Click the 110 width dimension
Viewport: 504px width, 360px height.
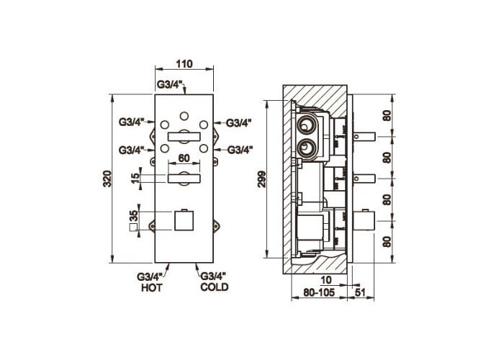(184, 64)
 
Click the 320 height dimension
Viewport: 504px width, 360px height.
(107, 179)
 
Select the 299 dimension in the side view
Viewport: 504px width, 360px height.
(262, 179)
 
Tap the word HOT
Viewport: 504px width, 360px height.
(152, 288)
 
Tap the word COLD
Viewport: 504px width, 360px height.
(215, 287)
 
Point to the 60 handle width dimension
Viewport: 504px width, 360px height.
(184, 158)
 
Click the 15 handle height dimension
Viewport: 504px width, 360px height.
(135, 177)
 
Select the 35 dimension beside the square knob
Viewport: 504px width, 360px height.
(133, 216)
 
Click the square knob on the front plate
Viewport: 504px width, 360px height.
(184, 220)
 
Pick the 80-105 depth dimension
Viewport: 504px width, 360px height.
(319, 292)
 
